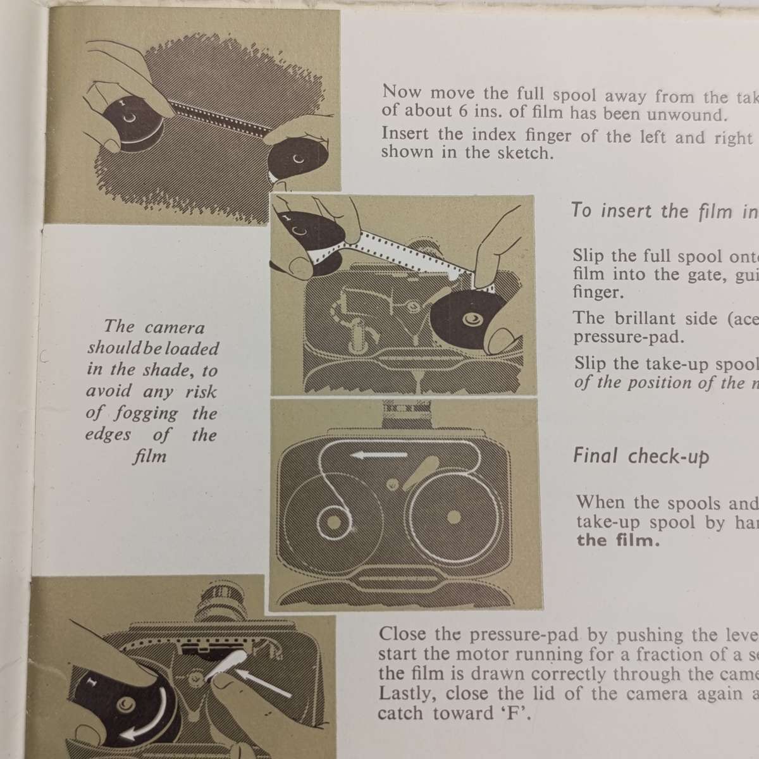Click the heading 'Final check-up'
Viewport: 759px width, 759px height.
pos(641,456)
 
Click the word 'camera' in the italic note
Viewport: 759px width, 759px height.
pos(175,327)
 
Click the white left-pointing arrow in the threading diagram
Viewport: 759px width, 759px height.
pos(379,455)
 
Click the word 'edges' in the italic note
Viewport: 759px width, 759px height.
pos(109,435)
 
